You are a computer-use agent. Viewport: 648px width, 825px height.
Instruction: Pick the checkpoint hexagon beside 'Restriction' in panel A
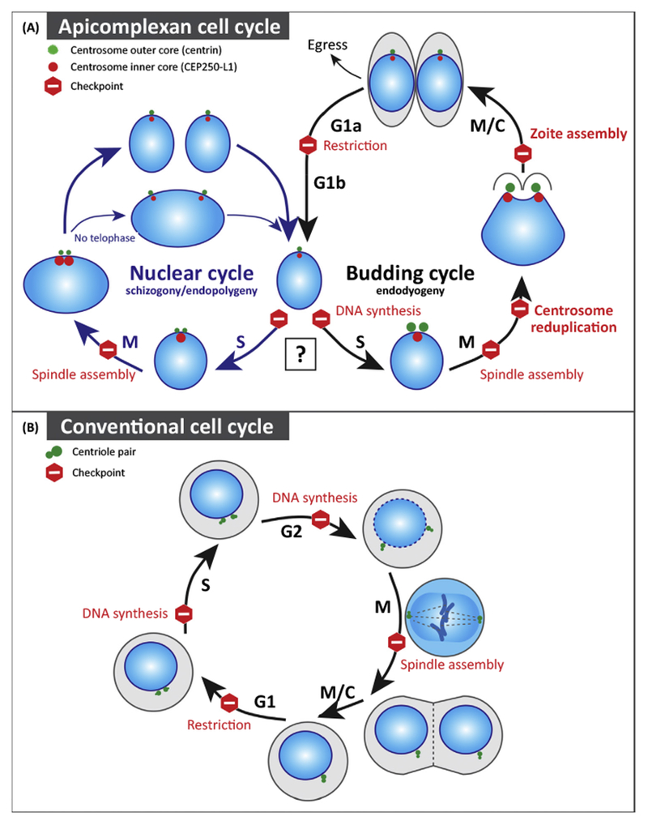[x=309, y=146]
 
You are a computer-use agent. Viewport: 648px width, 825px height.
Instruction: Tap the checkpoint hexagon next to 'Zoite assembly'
[x=523, y=152]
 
